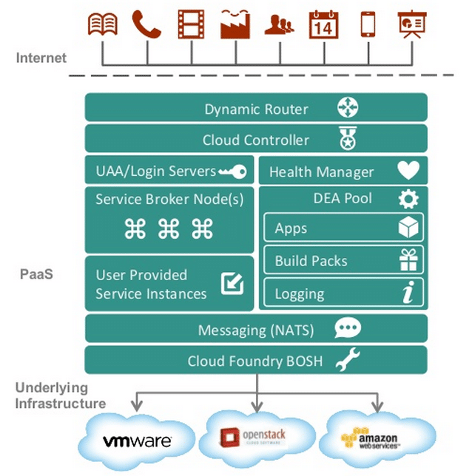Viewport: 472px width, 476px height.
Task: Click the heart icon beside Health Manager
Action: click(x=408, y=171)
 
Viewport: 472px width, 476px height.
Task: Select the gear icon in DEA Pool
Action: click(x=408, y=199)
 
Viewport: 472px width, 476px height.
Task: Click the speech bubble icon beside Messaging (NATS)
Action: click(x=347, y=329)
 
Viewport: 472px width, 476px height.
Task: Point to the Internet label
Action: click(x=41, y=58)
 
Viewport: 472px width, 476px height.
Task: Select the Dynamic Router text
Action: click(x=256, y=109)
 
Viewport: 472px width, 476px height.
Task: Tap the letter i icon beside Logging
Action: click(x=408, y=293)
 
